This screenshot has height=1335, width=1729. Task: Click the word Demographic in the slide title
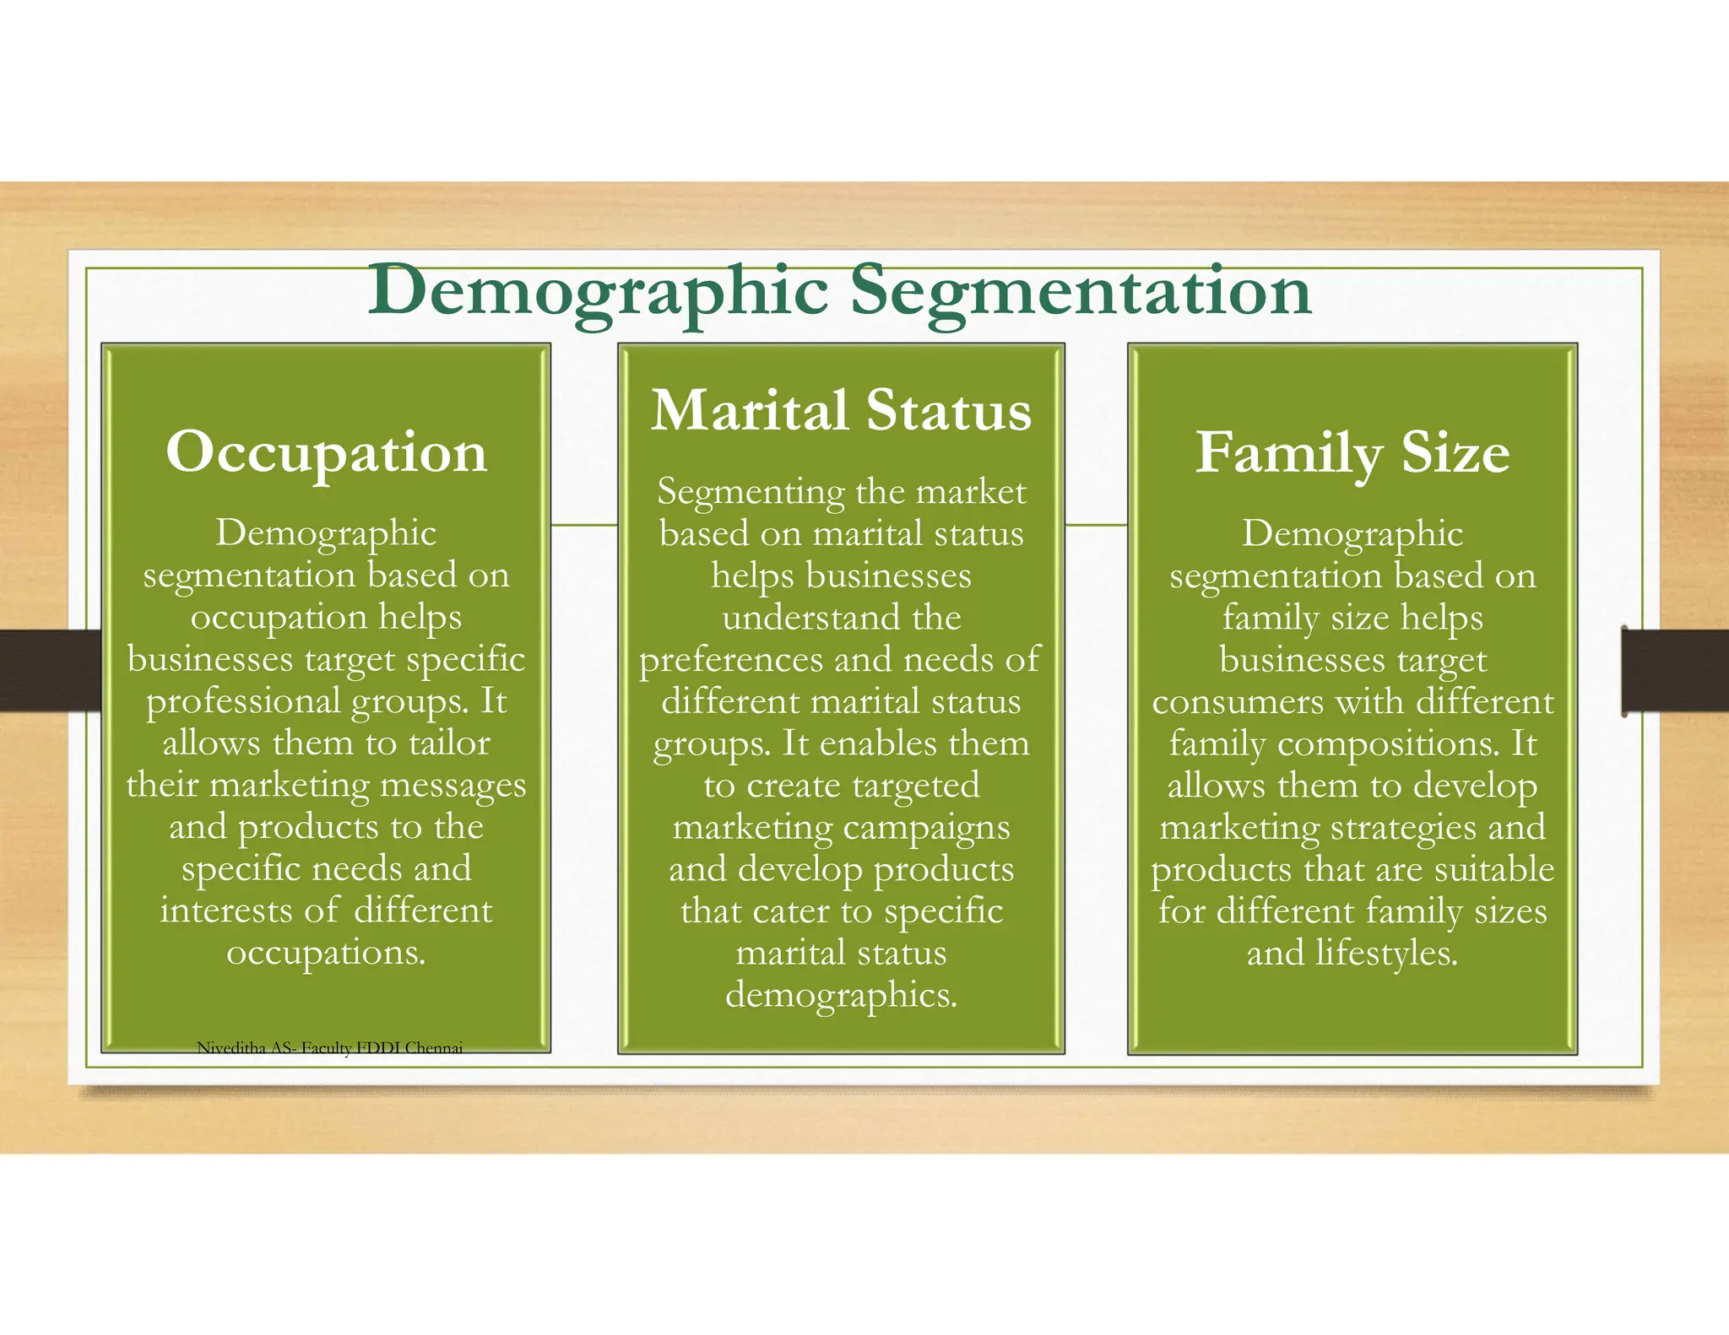tap(598, 292)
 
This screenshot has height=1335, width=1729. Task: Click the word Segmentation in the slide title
tap(1080, 292)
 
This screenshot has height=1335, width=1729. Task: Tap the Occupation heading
tap(327, 453)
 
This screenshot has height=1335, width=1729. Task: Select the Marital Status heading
tap(841, 411)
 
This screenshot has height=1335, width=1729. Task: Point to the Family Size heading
tap(1352, 453)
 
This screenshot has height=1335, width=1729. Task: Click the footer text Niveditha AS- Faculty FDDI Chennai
tap(329, 1048)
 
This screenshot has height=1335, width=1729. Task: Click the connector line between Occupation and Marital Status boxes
tap(584, 525)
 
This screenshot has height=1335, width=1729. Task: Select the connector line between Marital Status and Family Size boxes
tap(1096, 525)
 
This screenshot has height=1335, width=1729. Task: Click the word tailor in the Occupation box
tap(449, 743)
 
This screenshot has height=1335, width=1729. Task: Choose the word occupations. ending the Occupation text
tap(327, 953)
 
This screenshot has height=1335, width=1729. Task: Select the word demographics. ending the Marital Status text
tap(841, 996)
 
